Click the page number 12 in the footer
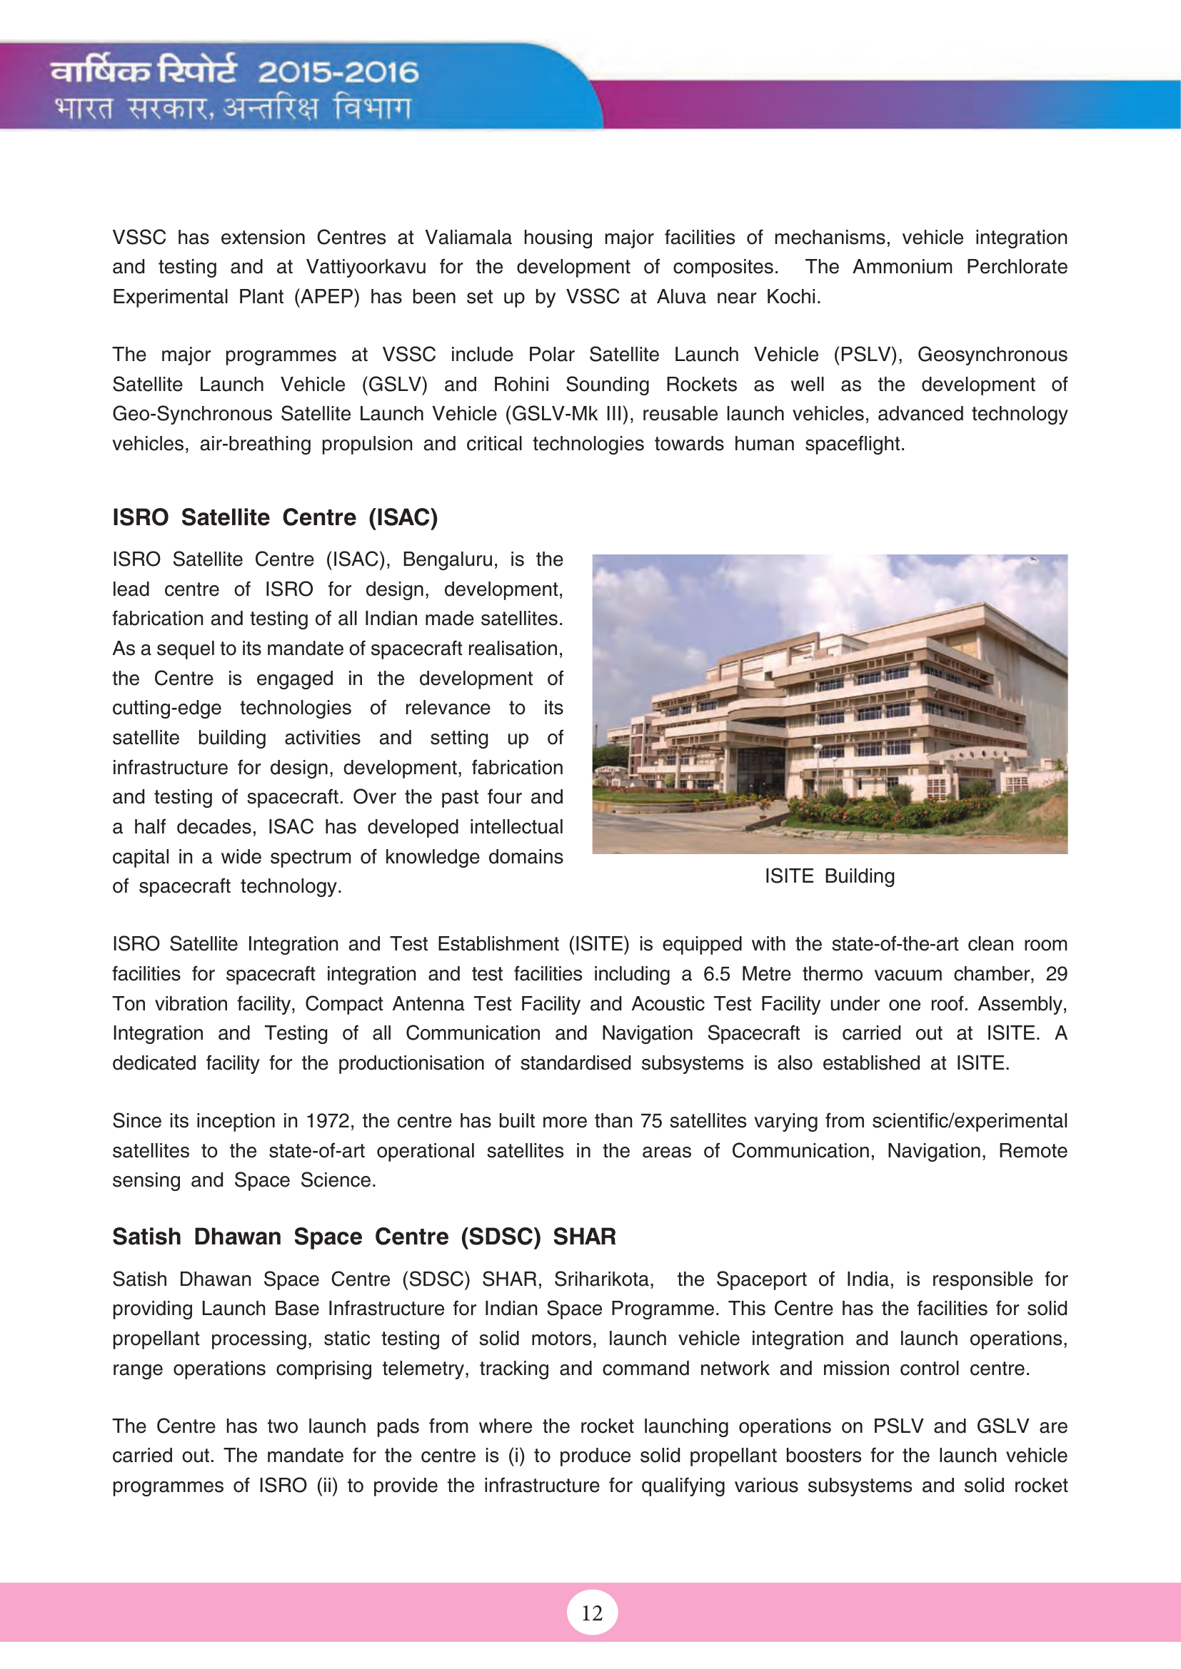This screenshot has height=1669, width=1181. [x=592, y=1613]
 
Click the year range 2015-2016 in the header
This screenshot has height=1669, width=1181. [x=338, y=72]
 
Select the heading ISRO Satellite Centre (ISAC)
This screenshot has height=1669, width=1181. [x=275, y=517]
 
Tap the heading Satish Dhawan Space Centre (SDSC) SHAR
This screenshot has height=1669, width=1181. [x=363, y=1237]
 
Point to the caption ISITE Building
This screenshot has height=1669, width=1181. [x=829, y=876]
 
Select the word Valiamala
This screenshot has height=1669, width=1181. [x=468, y=238]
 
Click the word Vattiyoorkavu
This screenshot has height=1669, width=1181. [x=366, y=268]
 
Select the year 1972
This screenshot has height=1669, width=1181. [x=328, y=1121]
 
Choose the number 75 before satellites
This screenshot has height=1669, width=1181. [x=651, y=1121]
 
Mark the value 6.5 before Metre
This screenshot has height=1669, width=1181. [x=716, y=974]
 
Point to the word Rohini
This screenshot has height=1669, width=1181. [x=521, y=385]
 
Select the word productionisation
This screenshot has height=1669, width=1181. [x=411, y=1063]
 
